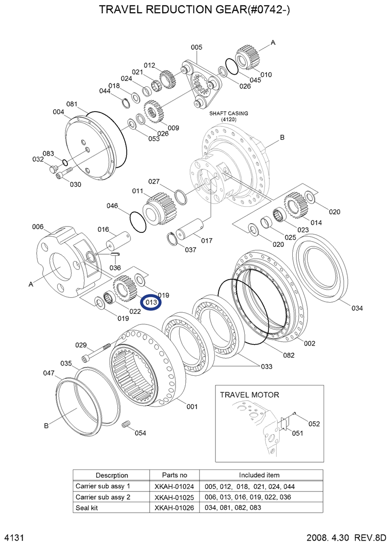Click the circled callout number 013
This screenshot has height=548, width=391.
[151, 303]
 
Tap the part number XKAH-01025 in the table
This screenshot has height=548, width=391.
[174, 497]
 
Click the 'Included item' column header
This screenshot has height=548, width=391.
[259, 475]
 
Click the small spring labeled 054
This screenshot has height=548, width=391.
[127, 424]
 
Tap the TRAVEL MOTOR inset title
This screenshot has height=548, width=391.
[249, 394]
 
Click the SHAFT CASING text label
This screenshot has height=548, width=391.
[229, 113]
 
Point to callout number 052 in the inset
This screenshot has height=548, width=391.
[314, 424]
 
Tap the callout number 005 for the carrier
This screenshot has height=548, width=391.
[196, 47]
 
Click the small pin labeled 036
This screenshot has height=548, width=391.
[115, 254]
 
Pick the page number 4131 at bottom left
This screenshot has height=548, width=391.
[14, 538]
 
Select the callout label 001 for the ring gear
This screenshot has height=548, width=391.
[192, 406]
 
